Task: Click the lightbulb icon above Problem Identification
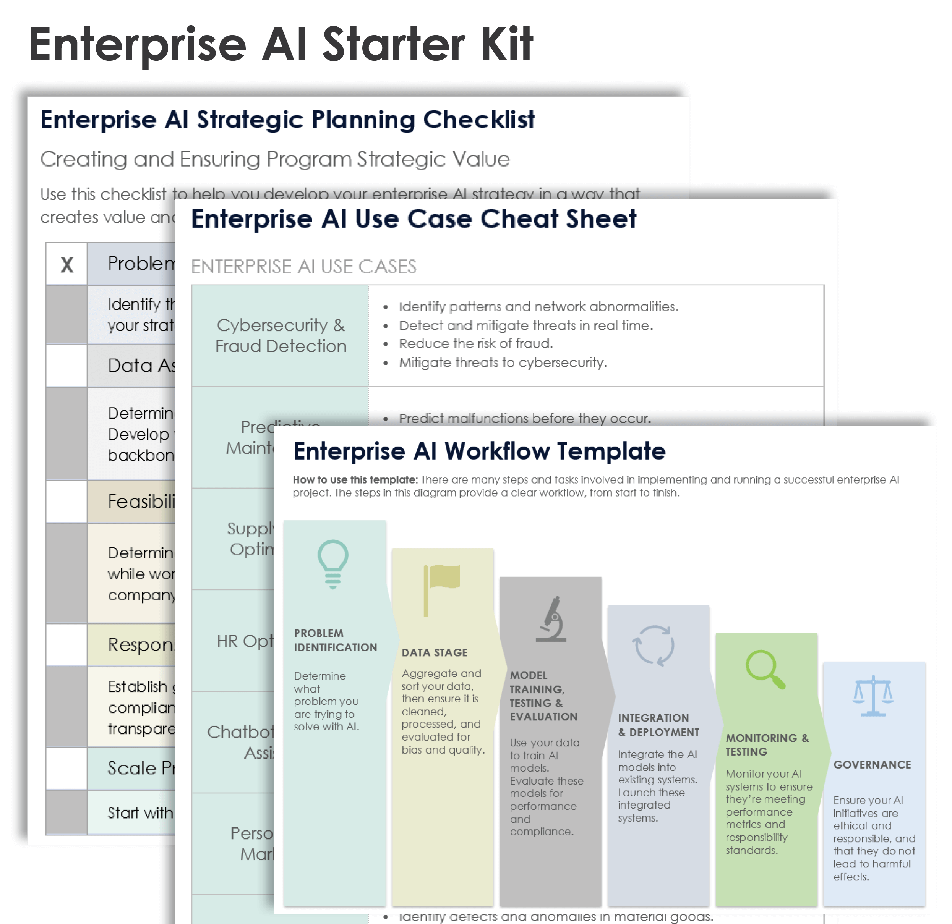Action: tap(333, 564)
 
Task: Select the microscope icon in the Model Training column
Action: tap(552, 619)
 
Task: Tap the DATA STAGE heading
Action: tap(434, 652)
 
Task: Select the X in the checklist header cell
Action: tap(67, 265)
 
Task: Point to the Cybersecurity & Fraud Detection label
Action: tap(281, 335)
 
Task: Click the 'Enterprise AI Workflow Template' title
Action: tap(479, 451)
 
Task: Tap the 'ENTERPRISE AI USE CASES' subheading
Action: tap(303, 267)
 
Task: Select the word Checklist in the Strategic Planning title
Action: tap(478, 120)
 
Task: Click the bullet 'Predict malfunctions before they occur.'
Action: tap(525, 418)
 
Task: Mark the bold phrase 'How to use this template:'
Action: tap(355, 480)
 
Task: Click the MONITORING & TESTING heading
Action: tap(767, 744)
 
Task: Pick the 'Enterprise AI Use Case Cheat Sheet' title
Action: tap(414, 218)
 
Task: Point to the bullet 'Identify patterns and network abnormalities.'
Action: tap(538, 307)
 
